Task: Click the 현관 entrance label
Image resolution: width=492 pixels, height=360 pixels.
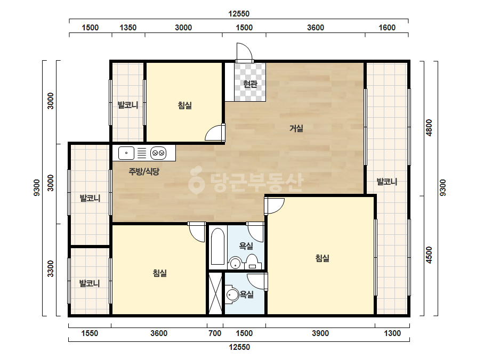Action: click(250, 84)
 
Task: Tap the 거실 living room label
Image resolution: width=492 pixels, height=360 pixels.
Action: click(296, 128)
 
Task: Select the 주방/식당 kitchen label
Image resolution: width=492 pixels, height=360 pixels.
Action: click(144, 171)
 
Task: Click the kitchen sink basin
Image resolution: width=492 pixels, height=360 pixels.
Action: click(126, 153)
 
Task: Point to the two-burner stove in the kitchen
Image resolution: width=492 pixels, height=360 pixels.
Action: click(158, 153)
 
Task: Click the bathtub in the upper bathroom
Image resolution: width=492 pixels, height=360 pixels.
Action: click(218, 247)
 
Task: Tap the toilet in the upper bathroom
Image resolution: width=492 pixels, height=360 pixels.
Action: click(252, 261)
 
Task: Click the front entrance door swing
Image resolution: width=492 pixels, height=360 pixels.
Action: click(244, 52)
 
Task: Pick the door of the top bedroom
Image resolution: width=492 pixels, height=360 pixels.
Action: click(215, 133)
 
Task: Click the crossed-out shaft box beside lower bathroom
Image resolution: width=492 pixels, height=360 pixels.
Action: click(215, 293)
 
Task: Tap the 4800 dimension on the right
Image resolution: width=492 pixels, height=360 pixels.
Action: click(429, 128)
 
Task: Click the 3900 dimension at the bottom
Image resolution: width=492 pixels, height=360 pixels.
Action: click(320, 333)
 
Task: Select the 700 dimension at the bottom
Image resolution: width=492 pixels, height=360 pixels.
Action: click(215, 333)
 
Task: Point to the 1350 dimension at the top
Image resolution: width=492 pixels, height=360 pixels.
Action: click(128, 28)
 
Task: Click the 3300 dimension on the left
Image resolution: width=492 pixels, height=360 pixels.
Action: click(51, 269)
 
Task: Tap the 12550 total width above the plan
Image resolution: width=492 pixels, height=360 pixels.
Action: click(239, 14)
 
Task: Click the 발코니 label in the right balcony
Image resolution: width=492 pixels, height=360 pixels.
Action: click(387, 182)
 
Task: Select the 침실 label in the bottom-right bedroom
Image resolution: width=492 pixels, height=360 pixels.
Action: click(322, 258)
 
